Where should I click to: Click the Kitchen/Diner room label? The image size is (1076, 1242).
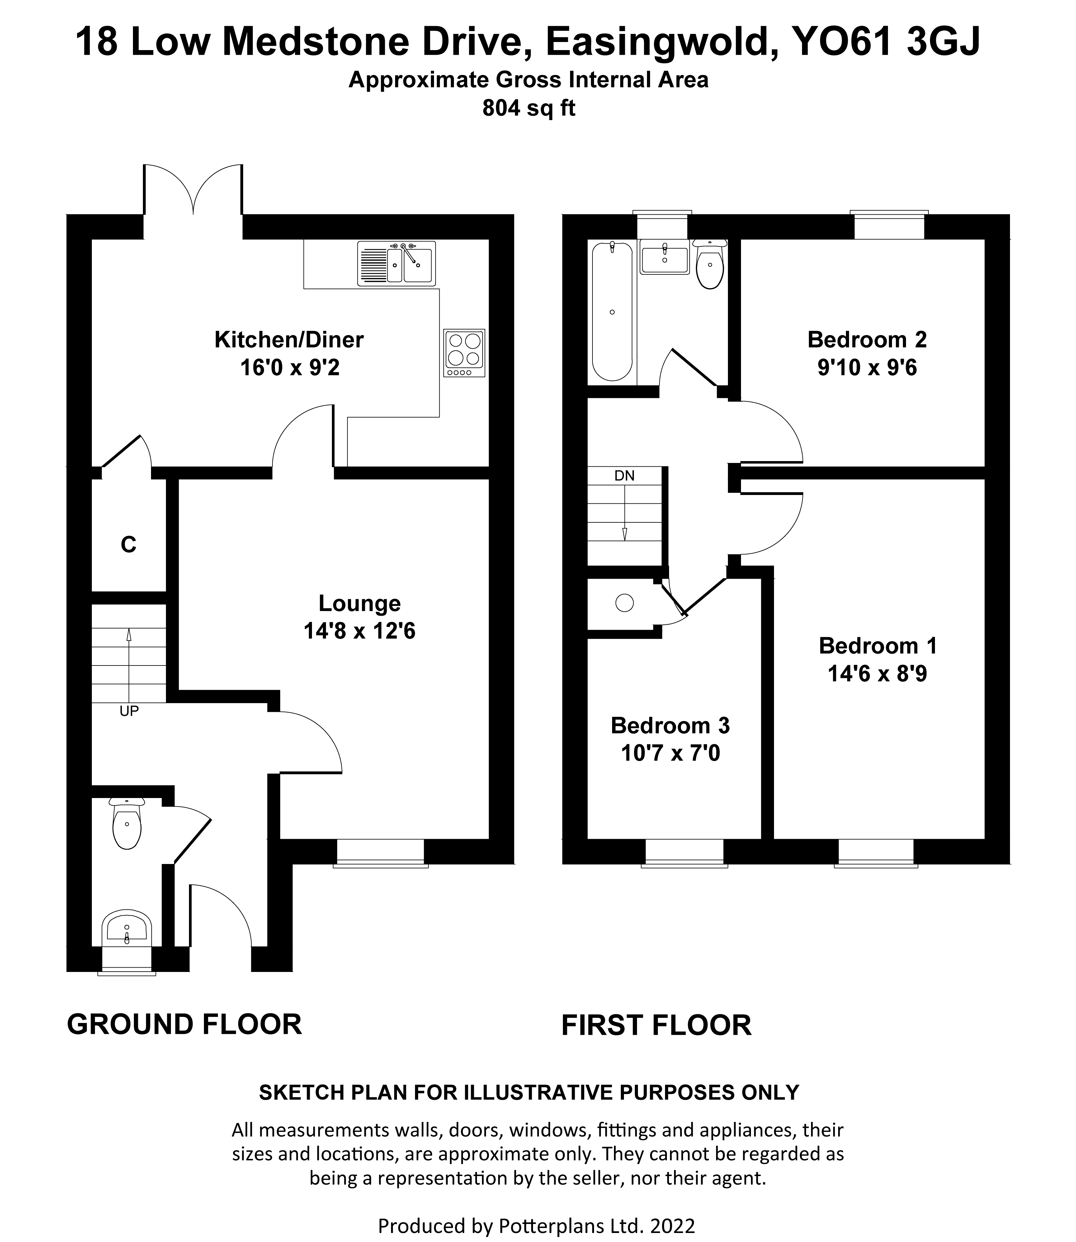(x=289, y=340)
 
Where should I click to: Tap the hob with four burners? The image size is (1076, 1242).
(x=464, y=352)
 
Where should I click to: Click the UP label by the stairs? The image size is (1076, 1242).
(x=129, y=711)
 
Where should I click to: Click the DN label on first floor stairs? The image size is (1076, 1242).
(x=625, y=476)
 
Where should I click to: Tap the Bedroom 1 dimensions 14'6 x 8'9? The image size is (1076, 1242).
(x=877, y=674)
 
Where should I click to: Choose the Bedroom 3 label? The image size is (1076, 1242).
(x=670, y=726)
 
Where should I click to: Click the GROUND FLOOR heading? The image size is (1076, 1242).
(x=184, y=1024)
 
